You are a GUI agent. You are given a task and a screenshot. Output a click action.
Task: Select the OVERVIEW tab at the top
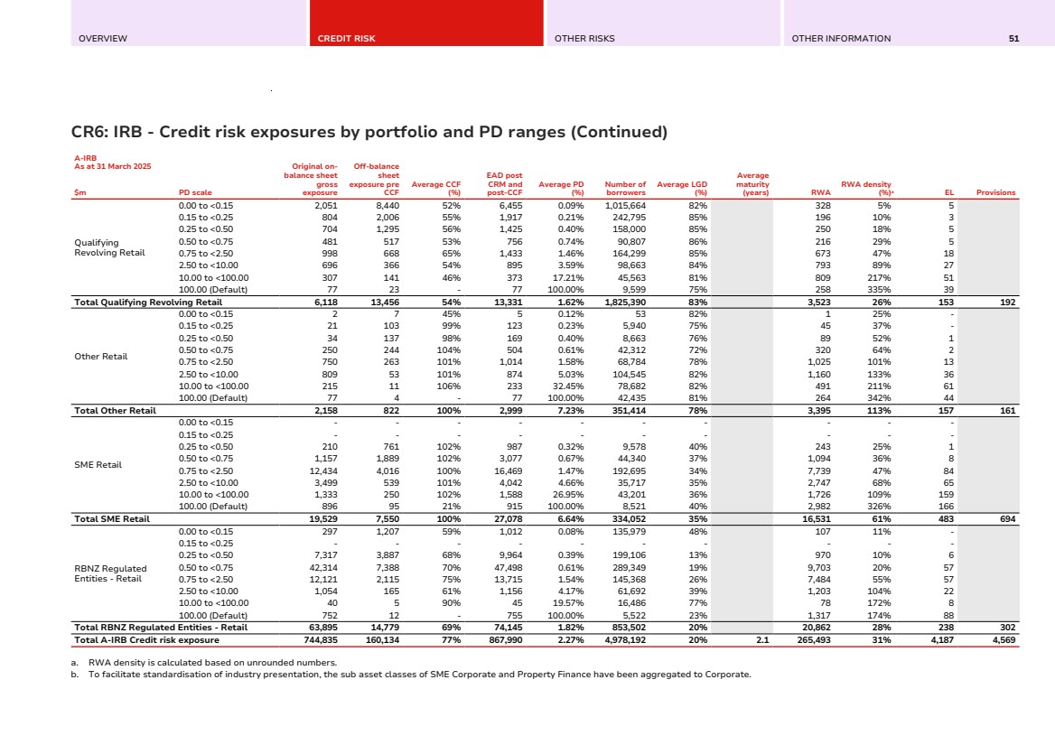[x=102, y=39]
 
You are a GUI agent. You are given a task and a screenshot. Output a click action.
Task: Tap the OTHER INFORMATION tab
[x=840, y=39]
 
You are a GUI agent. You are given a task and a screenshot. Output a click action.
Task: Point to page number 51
[x=1014, y=39]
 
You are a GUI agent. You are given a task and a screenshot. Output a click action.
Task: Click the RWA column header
[x=821, y=192]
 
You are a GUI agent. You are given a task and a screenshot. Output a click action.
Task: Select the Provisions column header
[x=995, y=192]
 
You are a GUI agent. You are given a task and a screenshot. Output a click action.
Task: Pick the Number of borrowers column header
[x=625, y=188]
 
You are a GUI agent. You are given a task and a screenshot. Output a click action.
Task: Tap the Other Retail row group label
[x=100, y=356]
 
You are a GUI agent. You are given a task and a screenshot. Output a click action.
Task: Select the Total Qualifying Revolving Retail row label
[x=147, y=302]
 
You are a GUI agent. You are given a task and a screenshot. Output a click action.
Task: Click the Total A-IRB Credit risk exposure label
[x=146, y=640]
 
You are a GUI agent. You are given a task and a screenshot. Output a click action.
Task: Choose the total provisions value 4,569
[x=1003, y=640]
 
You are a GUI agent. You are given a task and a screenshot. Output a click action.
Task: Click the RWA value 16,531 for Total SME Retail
[x=817, y=519]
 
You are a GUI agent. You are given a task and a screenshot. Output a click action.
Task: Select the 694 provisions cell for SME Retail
[x=1007, y=519]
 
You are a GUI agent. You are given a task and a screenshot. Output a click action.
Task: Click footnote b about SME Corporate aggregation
[x=411, y=674]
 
